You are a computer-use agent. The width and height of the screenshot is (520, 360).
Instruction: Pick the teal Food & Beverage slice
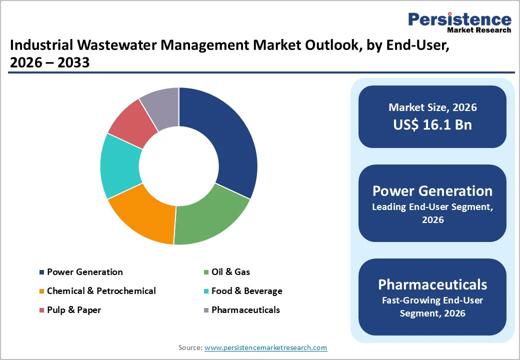120,165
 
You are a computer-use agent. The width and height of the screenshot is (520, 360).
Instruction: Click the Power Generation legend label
84,272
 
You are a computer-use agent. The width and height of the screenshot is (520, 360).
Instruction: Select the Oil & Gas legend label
230,272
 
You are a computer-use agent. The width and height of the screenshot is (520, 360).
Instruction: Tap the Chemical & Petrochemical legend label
101,291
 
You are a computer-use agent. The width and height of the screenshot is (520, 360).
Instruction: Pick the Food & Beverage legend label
246,291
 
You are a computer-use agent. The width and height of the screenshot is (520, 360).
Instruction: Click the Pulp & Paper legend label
73,310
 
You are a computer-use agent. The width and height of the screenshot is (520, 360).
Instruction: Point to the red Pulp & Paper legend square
41,310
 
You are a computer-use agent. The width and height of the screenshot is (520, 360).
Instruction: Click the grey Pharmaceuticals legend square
206,310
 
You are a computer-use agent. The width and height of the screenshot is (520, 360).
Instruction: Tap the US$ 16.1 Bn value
432,125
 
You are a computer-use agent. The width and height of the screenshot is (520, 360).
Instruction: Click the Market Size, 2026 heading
432,107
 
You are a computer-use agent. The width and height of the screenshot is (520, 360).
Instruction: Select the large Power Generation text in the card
432,191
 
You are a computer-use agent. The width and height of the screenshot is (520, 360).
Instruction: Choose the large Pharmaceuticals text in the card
432,284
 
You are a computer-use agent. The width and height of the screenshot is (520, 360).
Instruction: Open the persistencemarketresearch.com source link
265,347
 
